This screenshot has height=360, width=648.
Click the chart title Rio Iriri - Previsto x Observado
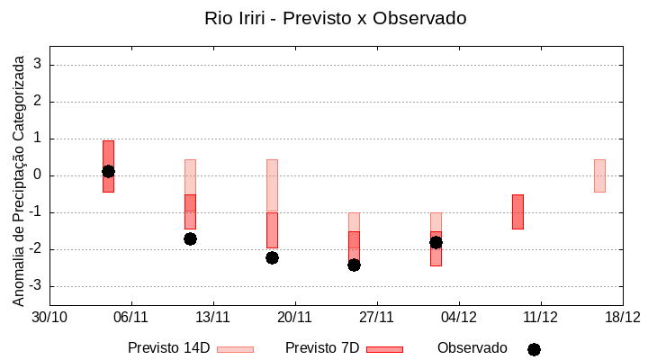(336, 18)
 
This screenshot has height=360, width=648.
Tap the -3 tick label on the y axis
(36, 286)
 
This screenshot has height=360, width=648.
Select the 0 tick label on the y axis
(39, 175)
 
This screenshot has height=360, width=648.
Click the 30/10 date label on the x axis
(49, 317)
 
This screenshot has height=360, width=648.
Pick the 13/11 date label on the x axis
(213, 317)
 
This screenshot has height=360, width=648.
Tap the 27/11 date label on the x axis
(377, 317)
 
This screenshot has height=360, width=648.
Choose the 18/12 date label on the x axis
(622, 317)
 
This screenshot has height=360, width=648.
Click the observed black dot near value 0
(108, 171)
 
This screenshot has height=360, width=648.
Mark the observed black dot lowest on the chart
(354, 265)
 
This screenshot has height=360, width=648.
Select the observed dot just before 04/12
(436, 242)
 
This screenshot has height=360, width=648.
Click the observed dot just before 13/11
(190, 238)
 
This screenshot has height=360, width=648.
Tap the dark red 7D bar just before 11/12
(517, 211)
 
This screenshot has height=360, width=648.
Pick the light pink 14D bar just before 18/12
(599, 175)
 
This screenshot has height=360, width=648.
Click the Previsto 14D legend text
(169, 347)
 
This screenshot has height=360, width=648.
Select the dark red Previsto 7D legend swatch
(384, 348)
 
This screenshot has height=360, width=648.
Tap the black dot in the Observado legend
(534, 349)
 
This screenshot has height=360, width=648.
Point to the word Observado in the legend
(472, 347)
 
